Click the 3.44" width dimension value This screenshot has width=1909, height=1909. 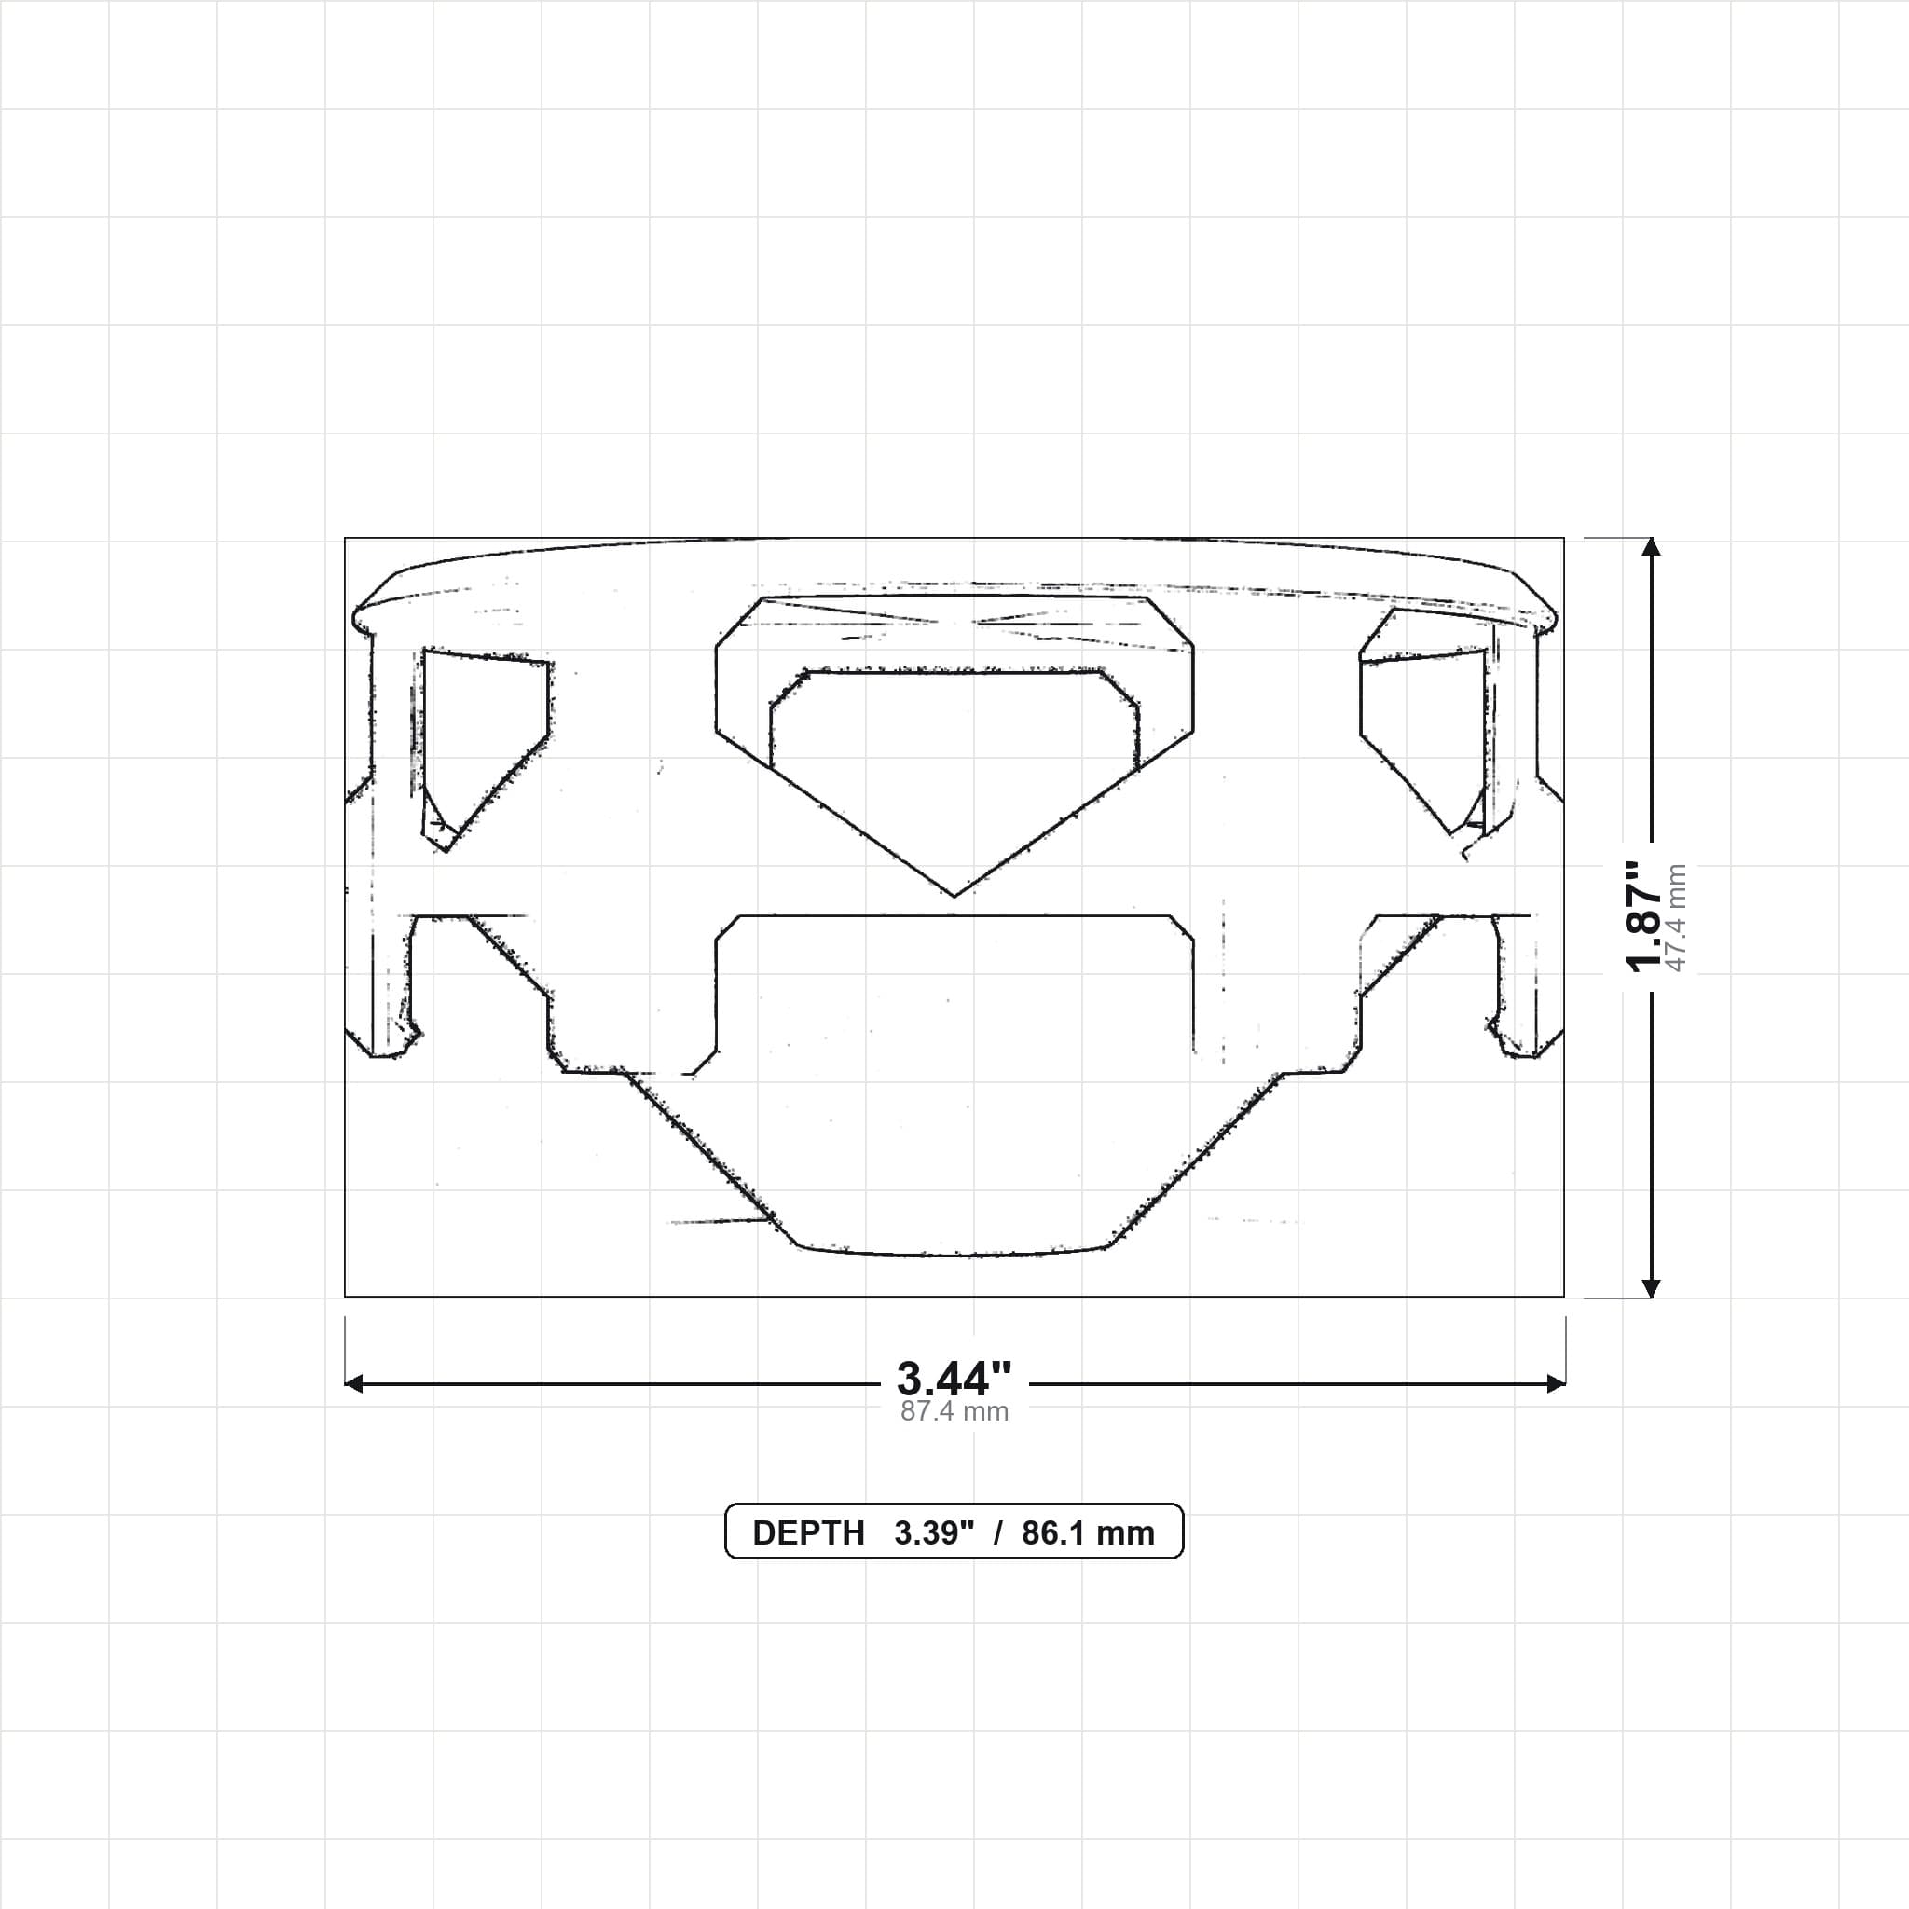(954, 1378)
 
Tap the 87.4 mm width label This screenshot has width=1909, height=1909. (954, 1411)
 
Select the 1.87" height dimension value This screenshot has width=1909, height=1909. (1646, 917)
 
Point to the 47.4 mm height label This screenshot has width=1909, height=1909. (1677, 918)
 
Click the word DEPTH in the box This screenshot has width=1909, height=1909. (808, 1532)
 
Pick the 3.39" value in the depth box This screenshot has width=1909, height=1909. (934, 1532)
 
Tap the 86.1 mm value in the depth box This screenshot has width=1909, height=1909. (1088, 1532)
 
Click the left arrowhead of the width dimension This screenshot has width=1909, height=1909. (353, 1384)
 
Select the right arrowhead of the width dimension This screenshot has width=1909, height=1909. (1557, 1384)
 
